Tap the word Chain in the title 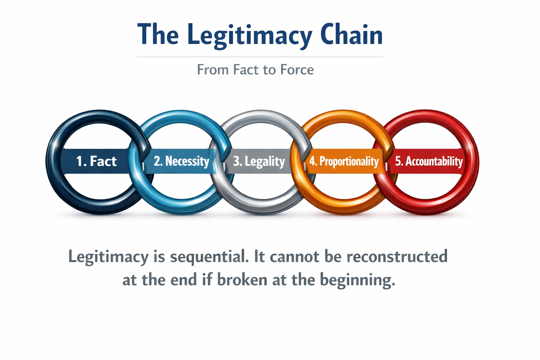351,35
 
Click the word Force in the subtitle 297,70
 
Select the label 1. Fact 96,161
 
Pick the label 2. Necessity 181,161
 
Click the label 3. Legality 259,161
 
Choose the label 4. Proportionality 344,161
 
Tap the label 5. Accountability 429,161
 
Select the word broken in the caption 242,280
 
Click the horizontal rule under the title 261,57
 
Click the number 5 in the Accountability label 398,161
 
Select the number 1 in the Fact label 79,161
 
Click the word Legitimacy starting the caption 108,257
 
